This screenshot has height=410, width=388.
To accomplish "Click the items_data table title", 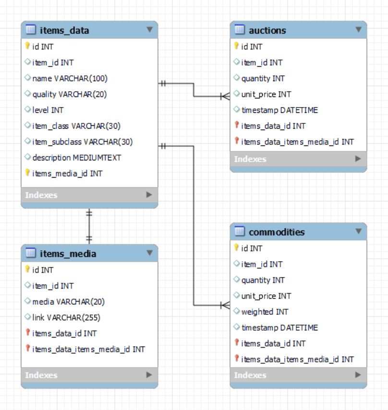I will coord(64,30).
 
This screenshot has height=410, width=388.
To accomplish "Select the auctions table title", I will coord(267,30).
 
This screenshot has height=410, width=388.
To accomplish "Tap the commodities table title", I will coord(277,232).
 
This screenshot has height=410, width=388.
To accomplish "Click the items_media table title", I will coord(68,253).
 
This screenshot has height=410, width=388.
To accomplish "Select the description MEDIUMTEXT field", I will coord(76,157).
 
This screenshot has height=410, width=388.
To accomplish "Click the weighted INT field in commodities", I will coord(265,312).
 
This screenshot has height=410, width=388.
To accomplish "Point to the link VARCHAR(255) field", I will coord(66,317).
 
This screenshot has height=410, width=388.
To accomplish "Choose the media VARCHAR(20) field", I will coord(68,301).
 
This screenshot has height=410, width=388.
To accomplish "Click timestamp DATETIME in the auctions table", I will coord(279,110).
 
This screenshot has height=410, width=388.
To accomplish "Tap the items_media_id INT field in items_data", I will coord(67,173).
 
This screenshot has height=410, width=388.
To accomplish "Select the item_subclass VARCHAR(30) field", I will coord(83,142).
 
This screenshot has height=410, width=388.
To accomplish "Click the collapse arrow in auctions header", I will coord(358,30).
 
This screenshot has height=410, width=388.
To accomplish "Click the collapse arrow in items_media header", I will coord(149,253).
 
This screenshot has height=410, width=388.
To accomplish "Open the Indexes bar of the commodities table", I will coord(298,375).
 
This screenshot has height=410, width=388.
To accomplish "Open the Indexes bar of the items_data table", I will coord(89,195).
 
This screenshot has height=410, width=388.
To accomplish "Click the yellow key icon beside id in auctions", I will coord(236,47).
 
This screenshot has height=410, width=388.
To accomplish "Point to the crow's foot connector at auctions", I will coord(225,96).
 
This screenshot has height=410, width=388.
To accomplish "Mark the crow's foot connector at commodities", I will coord(225,305).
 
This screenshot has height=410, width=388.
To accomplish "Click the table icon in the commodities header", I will coord(239,232).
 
